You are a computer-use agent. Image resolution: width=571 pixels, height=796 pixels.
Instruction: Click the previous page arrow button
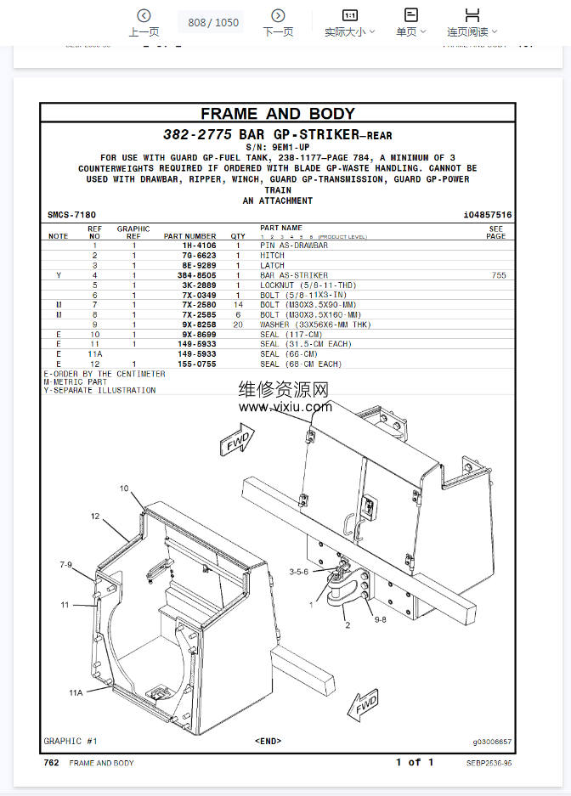(144, 16)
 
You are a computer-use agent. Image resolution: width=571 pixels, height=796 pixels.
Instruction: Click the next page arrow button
(278, 16)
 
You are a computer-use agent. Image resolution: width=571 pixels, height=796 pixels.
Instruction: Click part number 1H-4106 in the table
(199, 246)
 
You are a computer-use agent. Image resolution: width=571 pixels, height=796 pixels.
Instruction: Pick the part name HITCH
(272, 256)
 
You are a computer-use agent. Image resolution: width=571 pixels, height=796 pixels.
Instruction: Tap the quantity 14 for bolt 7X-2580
(238, 305)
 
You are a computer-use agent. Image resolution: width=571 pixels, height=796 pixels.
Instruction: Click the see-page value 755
(499, 275)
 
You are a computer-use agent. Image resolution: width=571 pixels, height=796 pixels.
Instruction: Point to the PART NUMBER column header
(189, 236)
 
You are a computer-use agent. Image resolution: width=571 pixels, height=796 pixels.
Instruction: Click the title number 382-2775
(197, 134)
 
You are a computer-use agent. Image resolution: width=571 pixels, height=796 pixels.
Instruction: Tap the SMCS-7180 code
(71, 215)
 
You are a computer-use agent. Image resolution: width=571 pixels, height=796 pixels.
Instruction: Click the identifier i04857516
(487, 215)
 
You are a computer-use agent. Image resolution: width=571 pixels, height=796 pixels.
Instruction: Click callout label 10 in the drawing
(124, 488)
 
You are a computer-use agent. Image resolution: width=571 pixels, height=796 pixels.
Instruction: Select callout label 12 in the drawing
(95, 517)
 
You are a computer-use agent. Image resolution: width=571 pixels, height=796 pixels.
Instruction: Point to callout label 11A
(76, 692)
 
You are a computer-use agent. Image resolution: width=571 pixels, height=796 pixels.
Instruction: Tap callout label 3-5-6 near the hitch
(298, 572)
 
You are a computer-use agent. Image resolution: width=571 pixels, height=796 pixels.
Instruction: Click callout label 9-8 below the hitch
(380, 619)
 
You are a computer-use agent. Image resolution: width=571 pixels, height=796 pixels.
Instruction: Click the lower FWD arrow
(364, 705)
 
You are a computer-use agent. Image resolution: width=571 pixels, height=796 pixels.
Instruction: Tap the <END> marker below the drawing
(268, 741)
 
